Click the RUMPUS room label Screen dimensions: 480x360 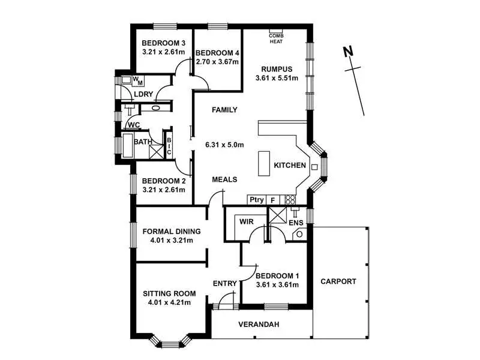277,68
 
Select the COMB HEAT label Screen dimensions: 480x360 276,37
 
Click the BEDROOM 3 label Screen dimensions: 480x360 163,43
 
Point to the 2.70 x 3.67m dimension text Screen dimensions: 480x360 217,61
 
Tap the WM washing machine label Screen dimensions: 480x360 137,80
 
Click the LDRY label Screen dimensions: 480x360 144,94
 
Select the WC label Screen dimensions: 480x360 134,125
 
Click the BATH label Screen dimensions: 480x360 143,142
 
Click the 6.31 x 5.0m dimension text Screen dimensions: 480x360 225,145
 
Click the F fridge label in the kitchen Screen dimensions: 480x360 273,200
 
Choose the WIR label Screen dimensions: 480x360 247,222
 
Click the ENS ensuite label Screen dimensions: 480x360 296,223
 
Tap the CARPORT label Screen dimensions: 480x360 338,281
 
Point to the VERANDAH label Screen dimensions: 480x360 259,325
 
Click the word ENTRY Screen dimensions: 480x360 226,283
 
